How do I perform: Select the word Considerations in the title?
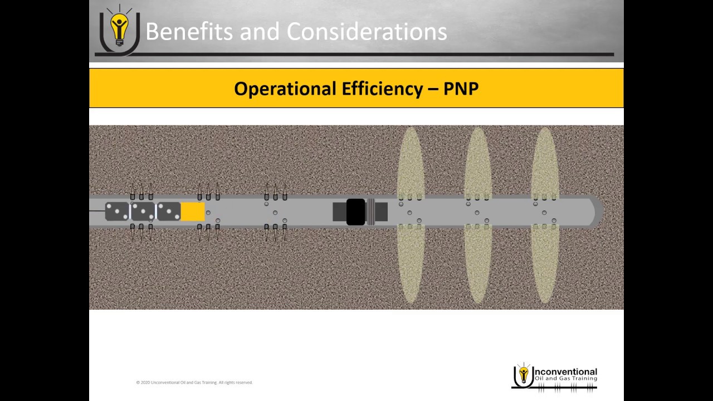tap(367, 32)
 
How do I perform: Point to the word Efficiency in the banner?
tap(377, 89)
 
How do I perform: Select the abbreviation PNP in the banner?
tap(461, 89)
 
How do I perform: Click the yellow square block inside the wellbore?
tap(193, 212)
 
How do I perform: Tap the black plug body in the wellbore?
tap(355, 212)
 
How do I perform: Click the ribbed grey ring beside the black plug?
tap(370, 212)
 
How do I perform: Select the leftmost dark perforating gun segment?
tap(117, 212)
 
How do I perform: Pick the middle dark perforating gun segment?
tap(143, 212)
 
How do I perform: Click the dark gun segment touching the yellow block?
tap(169, 212)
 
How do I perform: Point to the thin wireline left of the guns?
tap(97, 211)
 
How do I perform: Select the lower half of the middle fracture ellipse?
tap(478, 265)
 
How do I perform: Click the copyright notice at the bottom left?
tap(194, 383)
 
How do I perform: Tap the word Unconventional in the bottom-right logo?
tap(565, 371)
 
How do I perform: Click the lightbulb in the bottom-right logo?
tap(523, 374)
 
